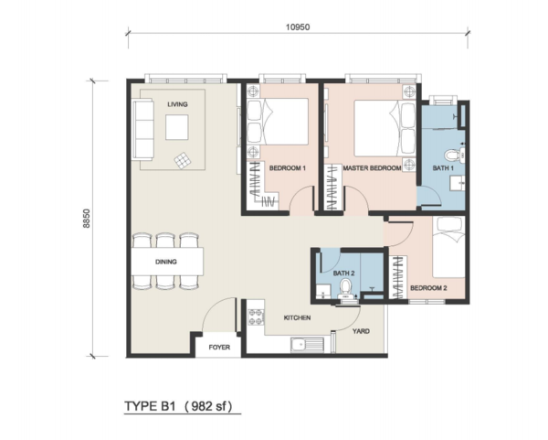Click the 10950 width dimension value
[298, 27]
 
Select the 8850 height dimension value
[87, 219]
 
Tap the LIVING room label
[177, 104]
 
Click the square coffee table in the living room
[177, 127]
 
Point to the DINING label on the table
[166, 262]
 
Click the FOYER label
[219, 348]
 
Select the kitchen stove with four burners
[256, 317]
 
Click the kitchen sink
[307, 345]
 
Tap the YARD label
[361, 331]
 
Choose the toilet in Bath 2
[346, 289]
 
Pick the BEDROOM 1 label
[288, 168]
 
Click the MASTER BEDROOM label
[372, 168]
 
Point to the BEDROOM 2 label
[428, 288]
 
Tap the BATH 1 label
[443, 168]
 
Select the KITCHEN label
[297, 317]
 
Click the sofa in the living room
[142, 129]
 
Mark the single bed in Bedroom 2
[449, 247]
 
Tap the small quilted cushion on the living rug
[184, 161]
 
